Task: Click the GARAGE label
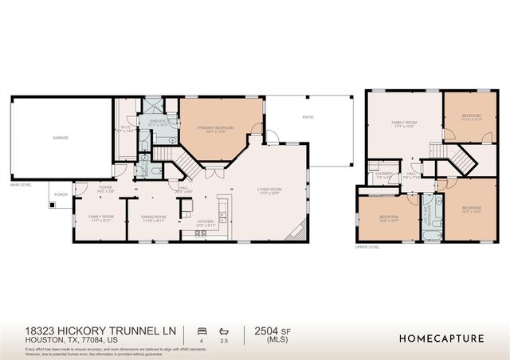tap(60, 138)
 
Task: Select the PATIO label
tap(308, 118)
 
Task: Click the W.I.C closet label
tap(126, 127)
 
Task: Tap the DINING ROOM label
tap(154, 217)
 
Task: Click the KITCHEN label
tap(206, 224)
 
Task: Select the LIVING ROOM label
tap(269, 190)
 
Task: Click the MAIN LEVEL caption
tap(22, 186)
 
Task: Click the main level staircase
tap(185, 165)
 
